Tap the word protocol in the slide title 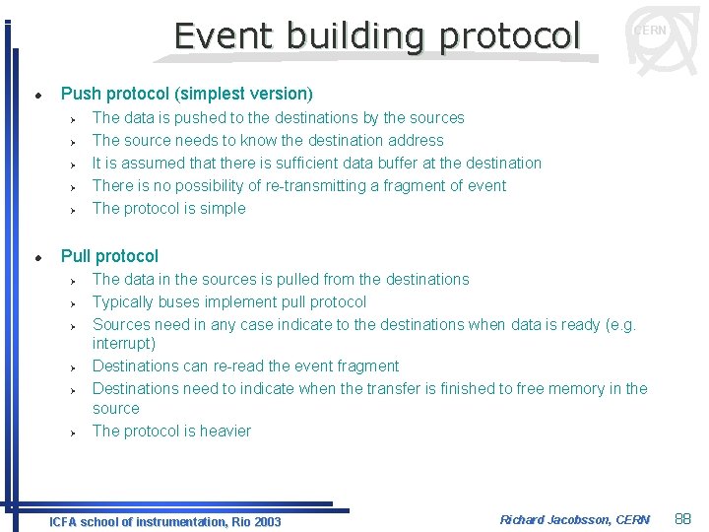[510, 36]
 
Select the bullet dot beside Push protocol [37, 95]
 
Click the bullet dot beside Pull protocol [37, 257]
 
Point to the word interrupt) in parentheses [124, 343]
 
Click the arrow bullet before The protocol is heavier [74, 432]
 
